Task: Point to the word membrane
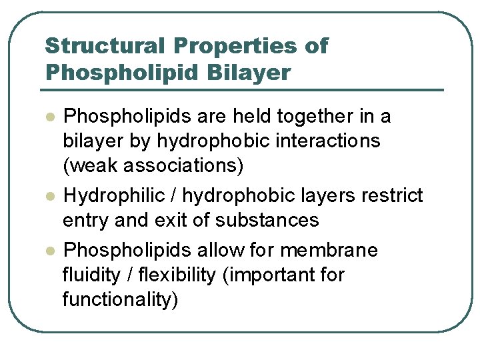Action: (x=329, y=251)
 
